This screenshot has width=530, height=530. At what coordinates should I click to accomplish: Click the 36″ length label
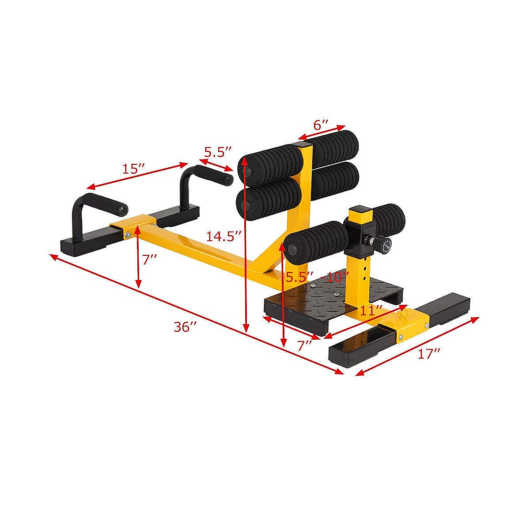(x=185, y=327)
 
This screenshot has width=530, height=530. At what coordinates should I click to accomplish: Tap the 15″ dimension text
(x=134, y=169)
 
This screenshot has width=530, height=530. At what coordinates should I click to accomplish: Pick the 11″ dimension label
(x=371, y=310)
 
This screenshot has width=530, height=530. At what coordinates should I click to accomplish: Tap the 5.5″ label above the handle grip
(x=218, y=152)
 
